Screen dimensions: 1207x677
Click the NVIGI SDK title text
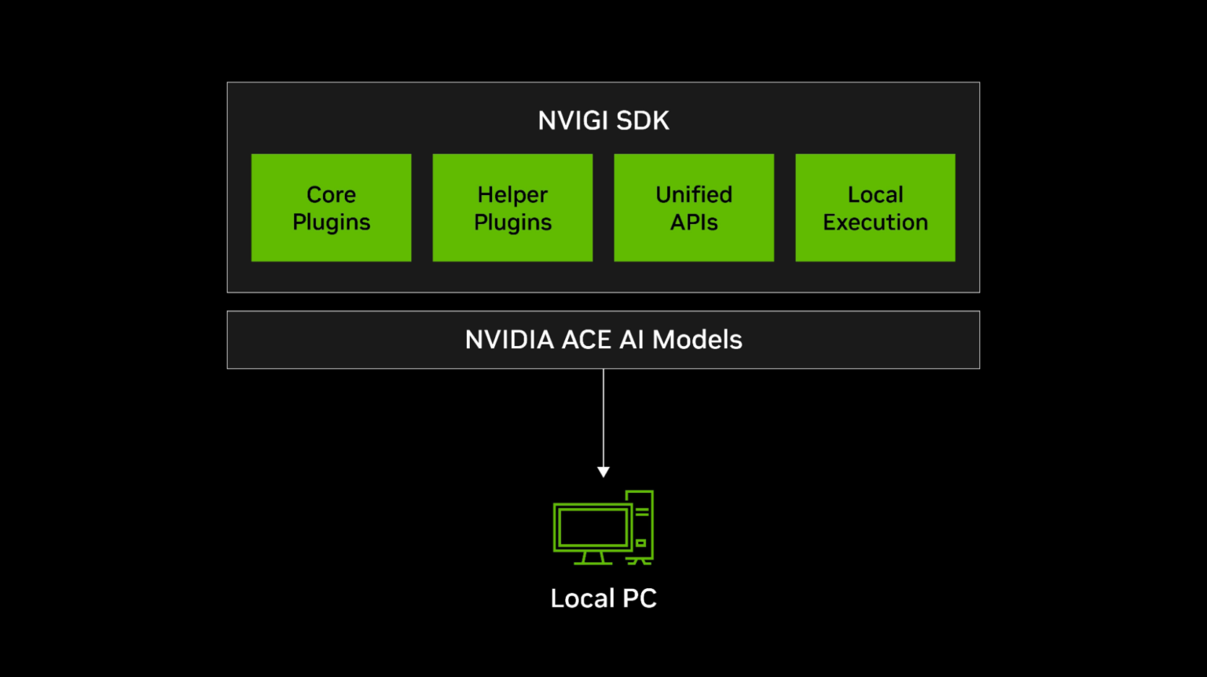coord(603,120)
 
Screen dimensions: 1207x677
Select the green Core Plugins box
coord(332,208)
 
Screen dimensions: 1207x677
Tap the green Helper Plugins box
coord(512,208)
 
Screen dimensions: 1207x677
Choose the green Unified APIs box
coord(694,208)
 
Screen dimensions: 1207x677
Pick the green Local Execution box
coord(875,208)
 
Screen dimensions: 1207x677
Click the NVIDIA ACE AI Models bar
coord(603,340)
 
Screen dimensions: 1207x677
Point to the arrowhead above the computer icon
coord(603,473)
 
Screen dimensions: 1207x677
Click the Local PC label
coord(603,598)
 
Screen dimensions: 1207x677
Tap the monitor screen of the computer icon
coord(592,528)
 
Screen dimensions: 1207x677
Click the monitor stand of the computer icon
coord(593,558)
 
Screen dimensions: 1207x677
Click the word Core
coord(332,194)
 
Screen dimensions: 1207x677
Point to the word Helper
coord(512,194)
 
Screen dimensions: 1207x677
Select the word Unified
coord(694,194)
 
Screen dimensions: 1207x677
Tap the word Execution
coord(875,222)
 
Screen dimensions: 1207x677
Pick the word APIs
coord(694,222)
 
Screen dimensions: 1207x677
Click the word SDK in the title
coord(643,120)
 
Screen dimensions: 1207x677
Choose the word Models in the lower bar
coord(697,340)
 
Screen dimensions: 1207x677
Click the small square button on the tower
coord(640,543)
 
